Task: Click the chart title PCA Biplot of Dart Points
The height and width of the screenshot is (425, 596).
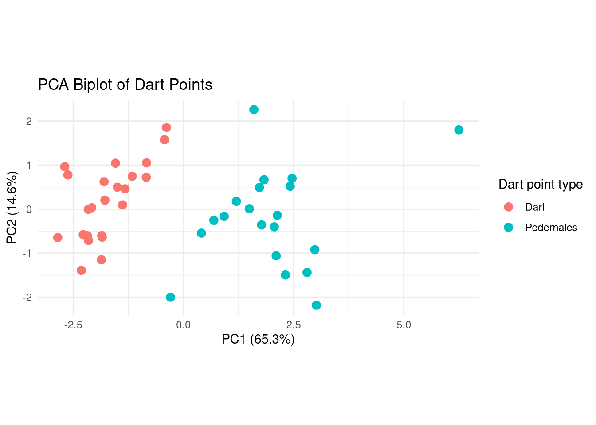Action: [x=125, y=85]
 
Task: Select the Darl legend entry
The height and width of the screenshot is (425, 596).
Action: [x=534, y=207]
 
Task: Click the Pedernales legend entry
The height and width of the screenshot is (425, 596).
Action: [x=551, y=228]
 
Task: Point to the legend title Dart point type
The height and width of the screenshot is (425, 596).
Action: [x=540, y=184]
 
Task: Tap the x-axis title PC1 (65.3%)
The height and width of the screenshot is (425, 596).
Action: [x=258, y=339]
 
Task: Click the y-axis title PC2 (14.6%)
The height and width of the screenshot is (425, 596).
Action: [x=12, y=208]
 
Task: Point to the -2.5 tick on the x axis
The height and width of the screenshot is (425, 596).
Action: [x=73, y=325]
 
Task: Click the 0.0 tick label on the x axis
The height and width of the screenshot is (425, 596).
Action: [x=183, y=325]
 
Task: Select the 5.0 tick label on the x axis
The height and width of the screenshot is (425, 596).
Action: [x=404, y=325]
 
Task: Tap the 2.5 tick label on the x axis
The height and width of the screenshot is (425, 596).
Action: [x=294, y=325]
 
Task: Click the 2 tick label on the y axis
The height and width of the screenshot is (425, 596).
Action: [x=29, y=121]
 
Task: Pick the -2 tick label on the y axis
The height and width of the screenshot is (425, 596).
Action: [x=27, y=297]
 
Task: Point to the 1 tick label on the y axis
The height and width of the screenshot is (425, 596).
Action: [x=29, y=165]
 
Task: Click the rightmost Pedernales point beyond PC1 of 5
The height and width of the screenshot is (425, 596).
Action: [x=459, y=130]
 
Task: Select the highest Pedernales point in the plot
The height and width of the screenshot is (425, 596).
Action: [x=254, y=110]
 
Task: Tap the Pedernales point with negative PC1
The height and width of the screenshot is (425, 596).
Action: [x=170, y=297]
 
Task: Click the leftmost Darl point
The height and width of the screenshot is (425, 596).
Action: [x=58, y=238]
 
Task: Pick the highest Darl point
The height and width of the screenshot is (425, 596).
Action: [x=166, y=127]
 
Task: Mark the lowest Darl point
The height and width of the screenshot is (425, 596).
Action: [x=81, y=270]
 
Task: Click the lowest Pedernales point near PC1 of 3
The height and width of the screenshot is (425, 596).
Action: [x=316, y=305]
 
